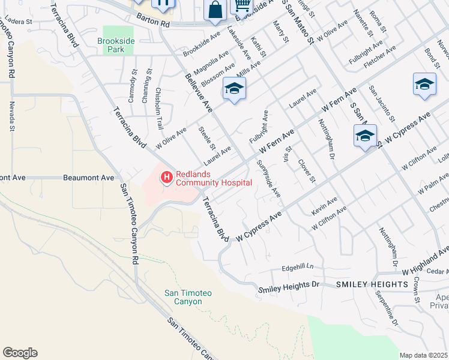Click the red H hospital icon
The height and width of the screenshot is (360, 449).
coord(166,178)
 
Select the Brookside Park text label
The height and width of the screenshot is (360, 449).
coord(111,46)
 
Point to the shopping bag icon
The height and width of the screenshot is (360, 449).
coord(215,10)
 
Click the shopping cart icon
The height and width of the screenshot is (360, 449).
coord(241,5)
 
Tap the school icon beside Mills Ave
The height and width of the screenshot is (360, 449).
coord(234,90)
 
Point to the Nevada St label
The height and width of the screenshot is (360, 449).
coord(11,116)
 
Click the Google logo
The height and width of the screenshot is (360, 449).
coord(20,352)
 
